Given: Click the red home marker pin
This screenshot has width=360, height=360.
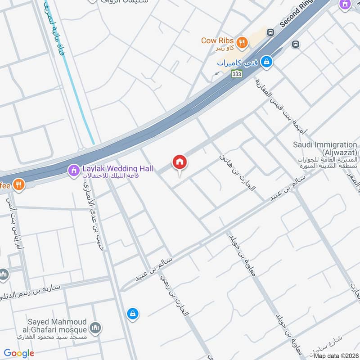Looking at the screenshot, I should click(180, 162).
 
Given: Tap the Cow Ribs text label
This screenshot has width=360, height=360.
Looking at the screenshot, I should click(218, 41).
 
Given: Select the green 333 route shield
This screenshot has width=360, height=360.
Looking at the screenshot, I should click(237, 74).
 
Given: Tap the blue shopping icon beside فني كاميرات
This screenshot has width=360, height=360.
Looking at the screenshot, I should click(267, 61).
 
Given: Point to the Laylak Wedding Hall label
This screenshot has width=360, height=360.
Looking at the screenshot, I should click(117, 169).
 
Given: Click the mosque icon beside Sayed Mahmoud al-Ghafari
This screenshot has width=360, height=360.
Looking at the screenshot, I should click(95, 328).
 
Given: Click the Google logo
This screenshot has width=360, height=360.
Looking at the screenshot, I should click(19, 353).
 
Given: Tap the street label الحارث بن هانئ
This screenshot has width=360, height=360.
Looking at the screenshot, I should click(237, 172).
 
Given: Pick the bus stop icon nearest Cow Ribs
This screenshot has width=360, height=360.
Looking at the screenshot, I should click(270, 32).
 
